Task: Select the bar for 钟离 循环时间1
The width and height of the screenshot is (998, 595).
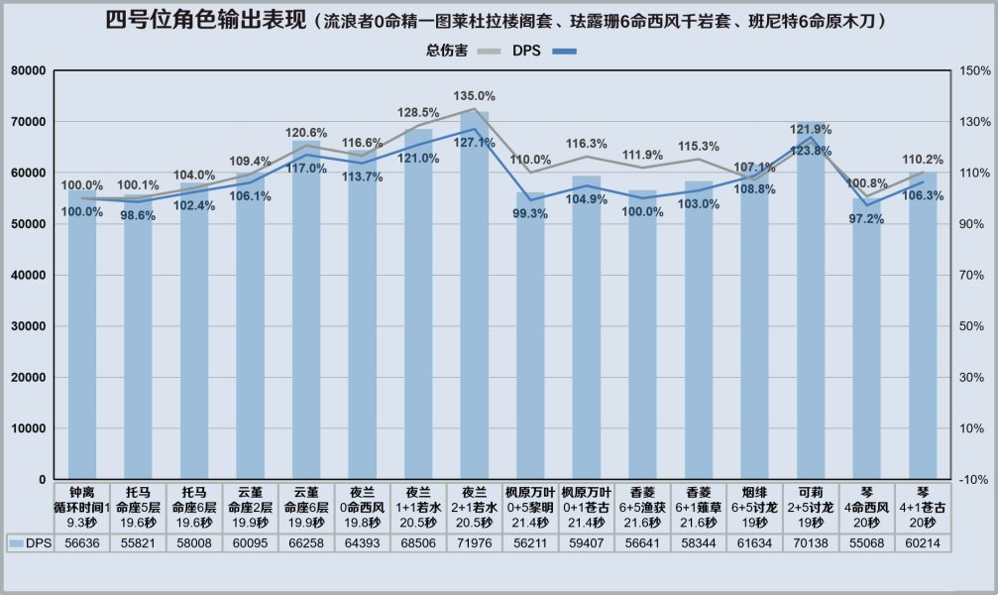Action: click(82, 337)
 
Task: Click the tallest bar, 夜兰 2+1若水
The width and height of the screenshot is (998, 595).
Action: click(474, 297)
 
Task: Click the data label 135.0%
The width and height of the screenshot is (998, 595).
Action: click(474, 96)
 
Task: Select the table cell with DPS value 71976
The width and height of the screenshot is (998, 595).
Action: click(474, 543)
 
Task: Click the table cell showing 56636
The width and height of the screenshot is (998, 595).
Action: click(82, 543)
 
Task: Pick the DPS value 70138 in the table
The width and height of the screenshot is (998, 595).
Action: click(810, 543)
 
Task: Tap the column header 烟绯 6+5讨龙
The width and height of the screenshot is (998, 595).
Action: click(754, 506)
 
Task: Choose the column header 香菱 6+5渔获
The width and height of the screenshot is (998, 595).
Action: click(642, 506)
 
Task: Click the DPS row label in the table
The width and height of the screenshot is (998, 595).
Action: click(31, 543)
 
